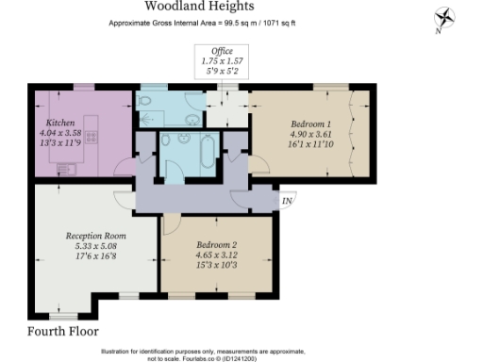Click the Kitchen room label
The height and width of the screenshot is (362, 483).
(x=60, y=122)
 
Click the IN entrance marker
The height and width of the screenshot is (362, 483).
(x=287, y=200)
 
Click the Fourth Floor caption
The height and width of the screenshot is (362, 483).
(x=63, y=332)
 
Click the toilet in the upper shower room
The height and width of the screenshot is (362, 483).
(x=193, y=101)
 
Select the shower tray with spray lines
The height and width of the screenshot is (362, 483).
(x=151, y=109)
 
